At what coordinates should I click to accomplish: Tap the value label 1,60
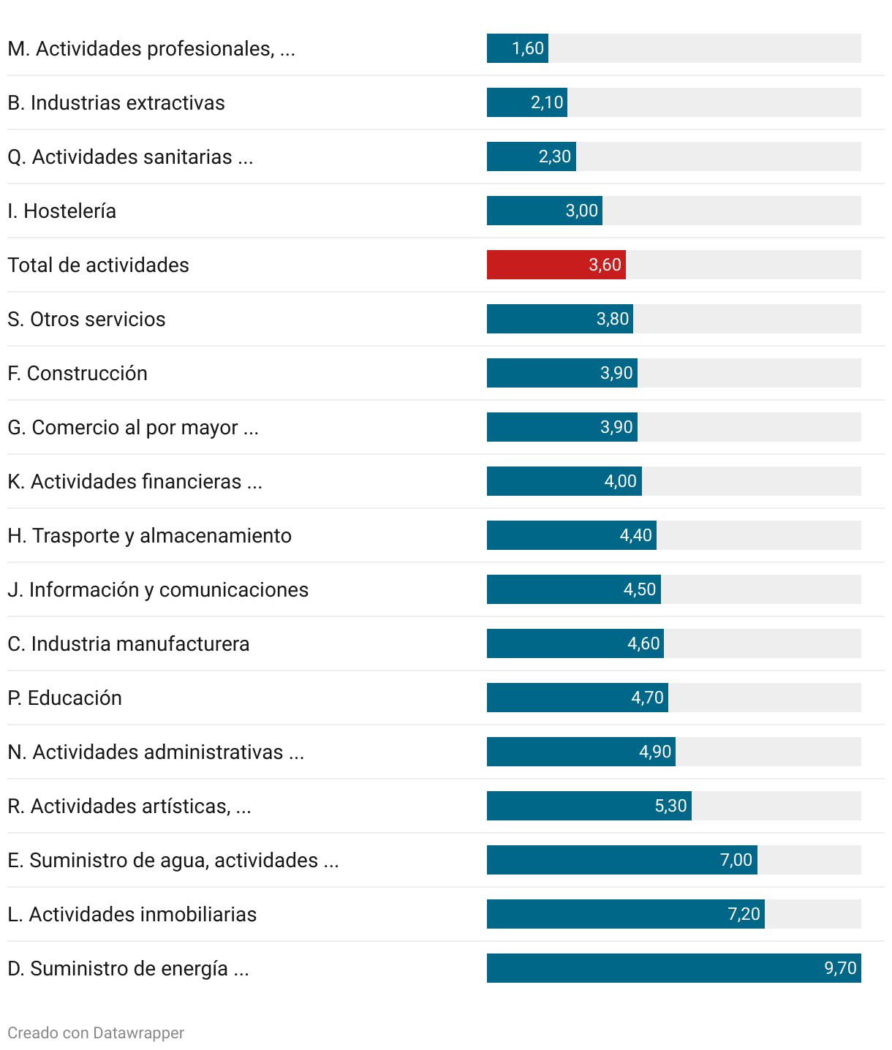(528, 48)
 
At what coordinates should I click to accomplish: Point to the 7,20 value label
(744, 914)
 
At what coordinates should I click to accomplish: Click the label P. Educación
(65, 698)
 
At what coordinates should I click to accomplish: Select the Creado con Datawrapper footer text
(96, 1033)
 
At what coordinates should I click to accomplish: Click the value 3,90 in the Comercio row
(616, 427)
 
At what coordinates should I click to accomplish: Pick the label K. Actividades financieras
(135, 482)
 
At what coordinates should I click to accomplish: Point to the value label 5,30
(670, 806)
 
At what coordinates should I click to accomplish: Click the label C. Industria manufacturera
(129, 644)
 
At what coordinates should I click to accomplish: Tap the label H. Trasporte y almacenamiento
(149, 536)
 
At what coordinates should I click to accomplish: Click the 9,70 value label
(840, 968)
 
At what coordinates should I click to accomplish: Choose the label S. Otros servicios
(86, 320)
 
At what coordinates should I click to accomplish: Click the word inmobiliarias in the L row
(198, 915)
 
